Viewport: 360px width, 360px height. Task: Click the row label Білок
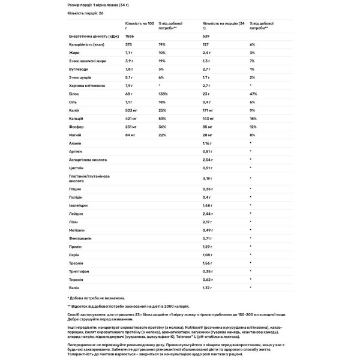[x=74, y=94]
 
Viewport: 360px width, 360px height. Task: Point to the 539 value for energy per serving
[x=208, y=36]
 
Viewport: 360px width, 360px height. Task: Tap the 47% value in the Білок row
[x=253, y=94]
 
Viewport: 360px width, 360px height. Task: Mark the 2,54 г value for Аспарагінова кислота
[x=209, y=161]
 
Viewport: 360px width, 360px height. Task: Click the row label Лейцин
[x=75, y=214]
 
